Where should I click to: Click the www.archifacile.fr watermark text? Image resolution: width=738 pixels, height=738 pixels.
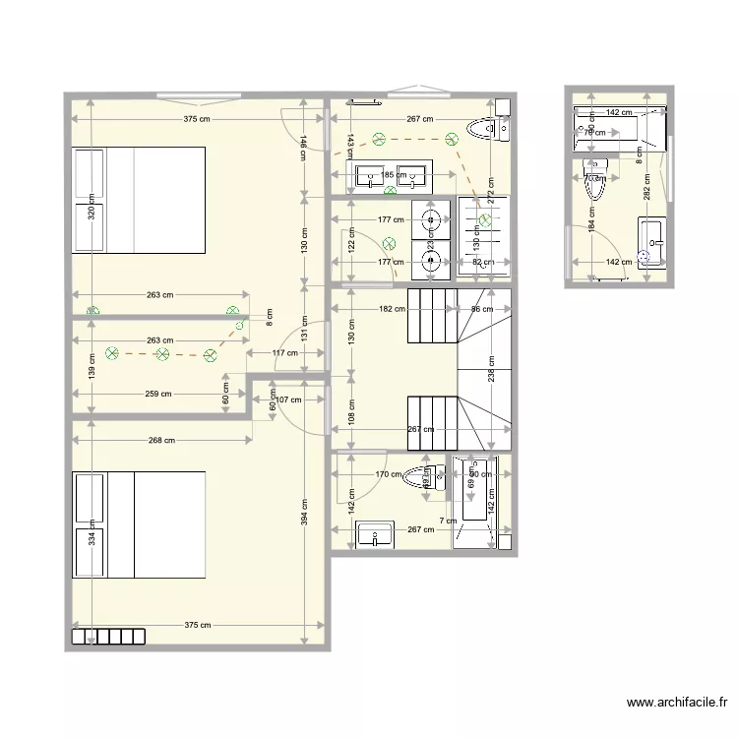677,703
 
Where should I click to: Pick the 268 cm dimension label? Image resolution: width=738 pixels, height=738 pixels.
163,441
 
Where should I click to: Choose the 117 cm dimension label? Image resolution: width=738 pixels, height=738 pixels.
285,353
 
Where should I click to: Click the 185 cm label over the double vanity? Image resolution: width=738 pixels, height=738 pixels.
393,176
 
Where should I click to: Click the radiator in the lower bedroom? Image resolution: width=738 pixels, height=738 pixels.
108,637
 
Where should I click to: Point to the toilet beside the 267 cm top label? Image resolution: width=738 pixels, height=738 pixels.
486,128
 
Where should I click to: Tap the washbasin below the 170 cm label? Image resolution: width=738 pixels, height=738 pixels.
375,534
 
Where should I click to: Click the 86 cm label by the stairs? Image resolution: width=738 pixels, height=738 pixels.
482,309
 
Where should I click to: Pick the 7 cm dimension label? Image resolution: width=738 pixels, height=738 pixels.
446,521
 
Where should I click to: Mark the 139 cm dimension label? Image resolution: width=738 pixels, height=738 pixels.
91,367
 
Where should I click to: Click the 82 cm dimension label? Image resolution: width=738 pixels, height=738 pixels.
482,262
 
